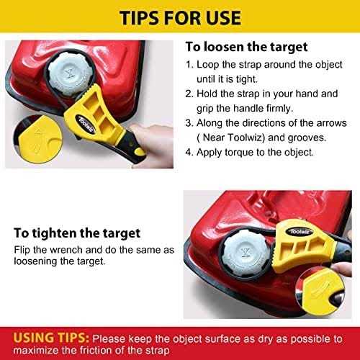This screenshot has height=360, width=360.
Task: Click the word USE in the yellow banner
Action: pyautogui.click(x=219, y=18)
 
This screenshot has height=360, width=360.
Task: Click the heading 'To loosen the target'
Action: pyautogui.click(x=246, y=47)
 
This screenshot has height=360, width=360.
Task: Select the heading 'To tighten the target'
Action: pyautogui.click(x=77, y=233)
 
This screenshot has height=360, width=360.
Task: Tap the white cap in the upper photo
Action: pyautogui.click(x=71, y=73)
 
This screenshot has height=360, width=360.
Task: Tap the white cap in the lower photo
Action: pyautogui.click(x=245, y=253)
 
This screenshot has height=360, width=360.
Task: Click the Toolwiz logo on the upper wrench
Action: pyautogui.click(x=86, y=124)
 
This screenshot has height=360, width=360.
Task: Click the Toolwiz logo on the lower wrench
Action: pyautogui.click(x=300, y=232)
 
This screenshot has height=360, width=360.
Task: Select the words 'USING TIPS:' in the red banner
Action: pyautogui.click(x=51, y=338)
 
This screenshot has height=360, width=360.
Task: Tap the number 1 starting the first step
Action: pyautogui.click(x=188, y=65)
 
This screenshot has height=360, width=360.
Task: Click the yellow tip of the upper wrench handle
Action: pyautogui.click(x=140, y=152)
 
